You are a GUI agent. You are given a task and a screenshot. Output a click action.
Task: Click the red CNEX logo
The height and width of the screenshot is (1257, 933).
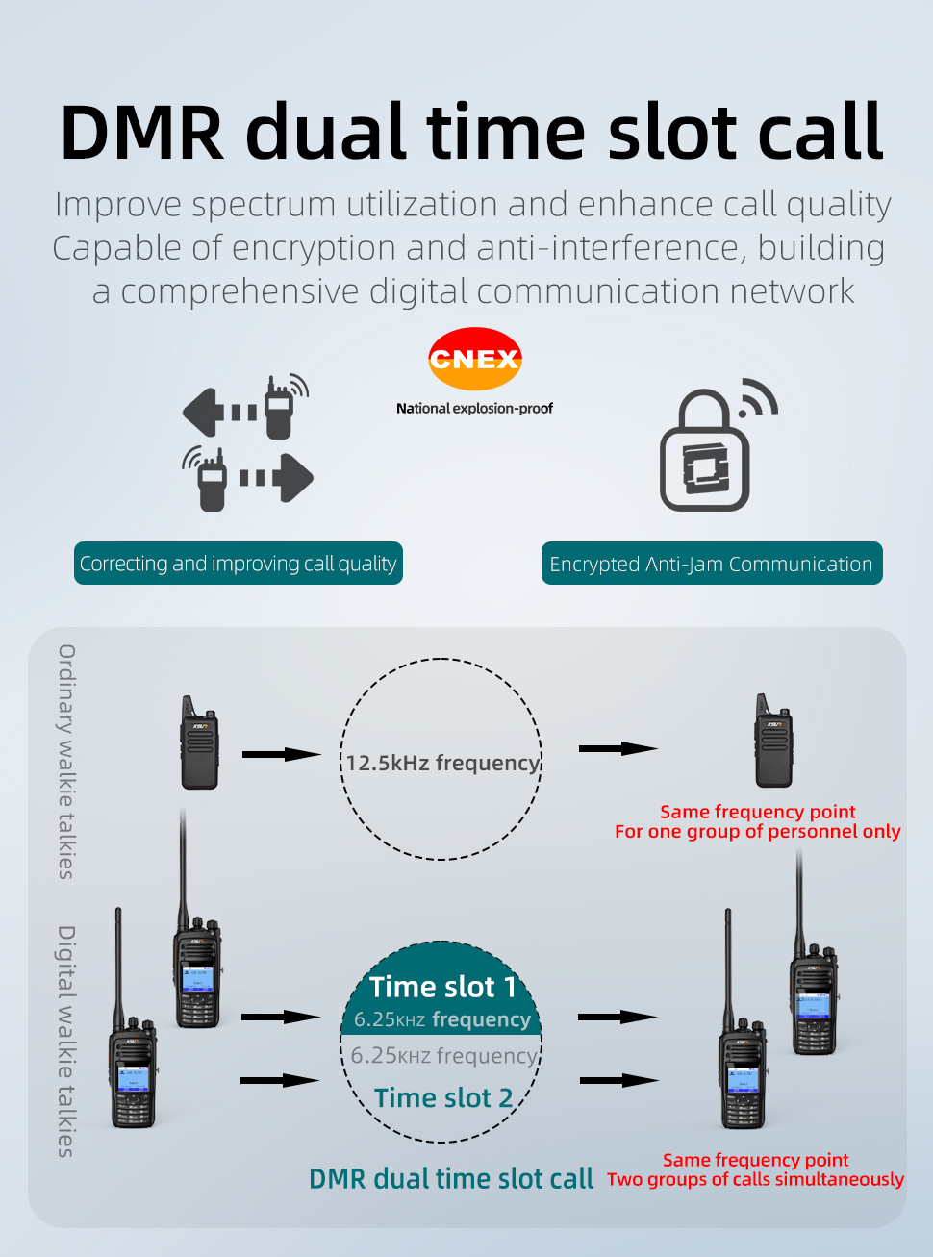[474, 359]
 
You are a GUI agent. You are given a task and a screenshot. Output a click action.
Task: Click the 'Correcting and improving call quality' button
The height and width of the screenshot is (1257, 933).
[238, 564]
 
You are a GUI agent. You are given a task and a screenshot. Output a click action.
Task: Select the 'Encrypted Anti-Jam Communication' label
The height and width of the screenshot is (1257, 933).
[711, 564]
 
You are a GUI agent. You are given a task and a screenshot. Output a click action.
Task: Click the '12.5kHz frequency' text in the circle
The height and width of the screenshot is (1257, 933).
[442, 763]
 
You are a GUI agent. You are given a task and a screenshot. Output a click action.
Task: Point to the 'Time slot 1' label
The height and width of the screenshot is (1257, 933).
[442, 987]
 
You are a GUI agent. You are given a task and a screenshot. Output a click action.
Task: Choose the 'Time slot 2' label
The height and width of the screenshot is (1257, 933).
[443, 1097]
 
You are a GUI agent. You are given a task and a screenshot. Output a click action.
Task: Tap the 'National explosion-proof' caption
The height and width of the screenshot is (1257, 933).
[474, 408]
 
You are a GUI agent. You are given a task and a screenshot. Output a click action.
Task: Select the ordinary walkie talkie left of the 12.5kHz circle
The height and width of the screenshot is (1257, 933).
[199, 742]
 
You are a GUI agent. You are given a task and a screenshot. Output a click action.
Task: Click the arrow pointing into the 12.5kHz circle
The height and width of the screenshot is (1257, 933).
[281, 754]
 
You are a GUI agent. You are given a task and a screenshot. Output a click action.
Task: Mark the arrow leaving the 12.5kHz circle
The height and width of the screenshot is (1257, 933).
[618, 748]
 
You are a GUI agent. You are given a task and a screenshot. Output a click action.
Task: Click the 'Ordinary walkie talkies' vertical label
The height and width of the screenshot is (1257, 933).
[66, 761]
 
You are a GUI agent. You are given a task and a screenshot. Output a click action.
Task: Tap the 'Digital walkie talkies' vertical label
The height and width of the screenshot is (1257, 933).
[66, 1041]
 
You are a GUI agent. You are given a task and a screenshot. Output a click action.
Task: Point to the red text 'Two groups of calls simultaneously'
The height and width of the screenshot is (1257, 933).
[755, 1179]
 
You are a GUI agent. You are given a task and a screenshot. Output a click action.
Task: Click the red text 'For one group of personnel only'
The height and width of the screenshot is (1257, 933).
[757, 831]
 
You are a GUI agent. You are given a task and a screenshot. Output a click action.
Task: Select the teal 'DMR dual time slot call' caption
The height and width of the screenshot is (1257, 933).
[450, 1179]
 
